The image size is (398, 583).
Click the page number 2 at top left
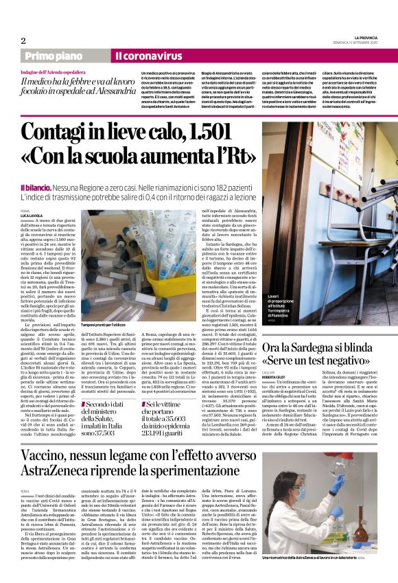point(23,40)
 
